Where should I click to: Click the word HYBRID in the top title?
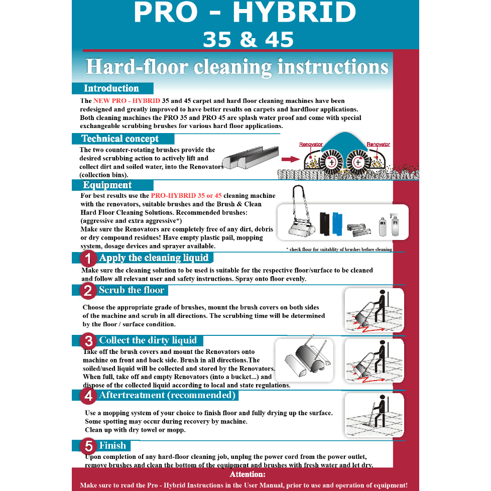[x=295, y=14]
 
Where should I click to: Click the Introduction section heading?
[x=111, y=88]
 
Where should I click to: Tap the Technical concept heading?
[x=120, y=139]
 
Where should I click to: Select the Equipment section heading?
[x=107, y=185]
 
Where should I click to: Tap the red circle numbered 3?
[x=88, y=341]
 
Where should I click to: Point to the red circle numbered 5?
[x=88, y=446]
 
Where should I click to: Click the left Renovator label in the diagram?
[x=311, y=145]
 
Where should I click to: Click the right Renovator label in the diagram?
[x=378, y=145]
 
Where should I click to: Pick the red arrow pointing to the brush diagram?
[x=289, y=160]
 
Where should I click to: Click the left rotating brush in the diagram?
[x=331, y=162]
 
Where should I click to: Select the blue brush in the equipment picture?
[x=336, y=224]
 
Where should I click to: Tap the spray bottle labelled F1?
[x=395, y=225]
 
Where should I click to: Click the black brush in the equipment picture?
[x=325, y=224]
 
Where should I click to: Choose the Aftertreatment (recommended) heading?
[x=167, y=395]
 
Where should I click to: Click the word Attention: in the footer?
[x=248, y=474]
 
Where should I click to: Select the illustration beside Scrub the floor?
[x=374, y=310]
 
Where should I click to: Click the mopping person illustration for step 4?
[x=374, y=415]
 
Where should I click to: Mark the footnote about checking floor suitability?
[x=339, y=250]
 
